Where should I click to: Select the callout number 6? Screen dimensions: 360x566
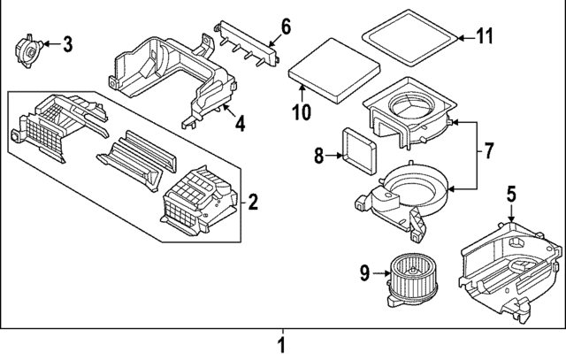point(286,26)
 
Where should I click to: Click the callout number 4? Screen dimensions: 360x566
point(240,125)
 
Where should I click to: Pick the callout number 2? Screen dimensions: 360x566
point(253,204)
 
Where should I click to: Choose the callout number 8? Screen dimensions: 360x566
point(320,157)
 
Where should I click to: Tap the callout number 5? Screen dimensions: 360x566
point(511,191)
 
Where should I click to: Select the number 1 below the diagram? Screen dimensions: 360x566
point(281,344)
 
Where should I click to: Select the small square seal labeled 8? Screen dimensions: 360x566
point(358,144)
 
